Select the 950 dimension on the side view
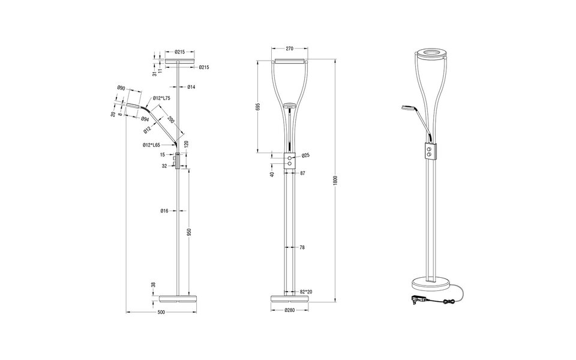(x=189, y=232)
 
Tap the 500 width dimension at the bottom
(x=161, y=312)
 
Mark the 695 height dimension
(x=257, y=107)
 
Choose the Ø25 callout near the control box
(x=305, y=155)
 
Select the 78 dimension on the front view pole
(x=302, y=247)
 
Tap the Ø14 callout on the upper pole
(x=191, y=88)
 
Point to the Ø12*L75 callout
(x=161, y=98)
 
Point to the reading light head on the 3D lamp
(x=407, y=108)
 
